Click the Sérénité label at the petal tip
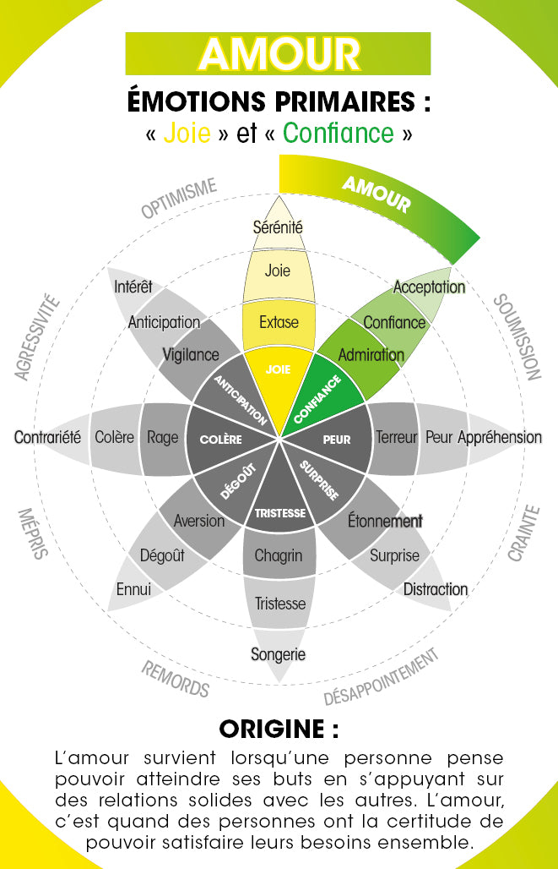(278, 227)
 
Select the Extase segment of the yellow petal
(278, 322)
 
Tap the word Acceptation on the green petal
(429, 287)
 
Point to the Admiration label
(371, 355)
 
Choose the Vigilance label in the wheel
(190, 355)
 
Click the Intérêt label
(133, 287)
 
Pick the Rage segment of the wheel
(162, 437)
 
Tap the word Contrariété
(47, 437)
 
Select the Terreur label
(397, 437)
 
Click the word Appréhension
(500, 437)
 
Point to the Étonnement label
(384, 521)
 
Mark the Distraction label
(435, 589)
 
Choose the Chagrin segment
(278, 555)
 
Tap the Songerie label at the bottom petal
(278, 653)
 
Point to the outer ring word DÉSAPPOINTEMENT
(382, 677)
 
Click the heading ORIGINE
(278, 729)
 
